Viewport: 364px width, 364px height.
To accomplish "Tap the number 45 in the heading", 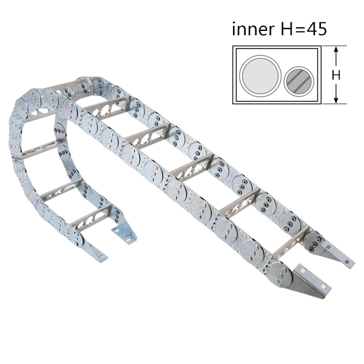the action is coord(317,29).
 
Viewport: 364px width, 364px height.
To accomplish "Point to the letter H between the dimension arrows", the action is coord(336,75).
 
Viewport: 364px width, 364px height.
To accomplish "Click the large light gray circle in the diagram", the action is coord(260,76).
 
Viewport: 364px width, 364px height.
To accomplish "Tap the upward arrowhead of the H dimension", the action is coord(336,50).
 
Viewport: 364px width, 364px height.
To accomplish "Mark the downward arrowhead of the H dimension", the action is coord(336,100).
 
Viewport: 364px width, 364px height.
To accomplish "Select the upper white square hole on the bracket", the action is coord(303,270).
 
